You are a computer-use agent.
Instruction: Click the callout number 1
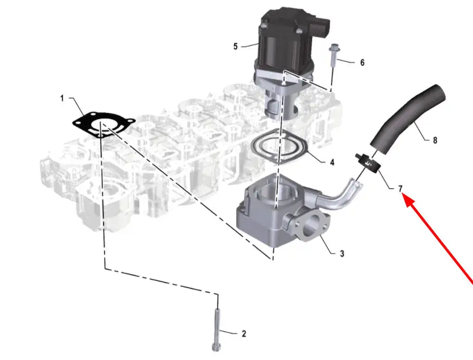coord(62,98)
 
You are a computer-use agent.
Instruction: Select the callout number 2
coord(244,334)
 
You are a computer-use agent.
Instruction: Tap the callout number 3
coord(342,254)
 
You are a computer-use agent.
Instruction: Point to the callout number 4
coord(332,162)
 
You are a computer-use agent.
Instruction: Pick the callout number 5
coord(236,47)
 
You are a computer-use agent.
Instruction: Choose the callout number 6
coord(362,63)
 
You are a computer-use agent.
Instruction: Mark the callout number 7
coord(400,189)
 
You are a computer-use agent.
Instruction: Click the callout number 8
coord(435,140)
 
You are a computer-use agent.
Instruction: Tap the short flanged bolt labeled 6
coord(333,57)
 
